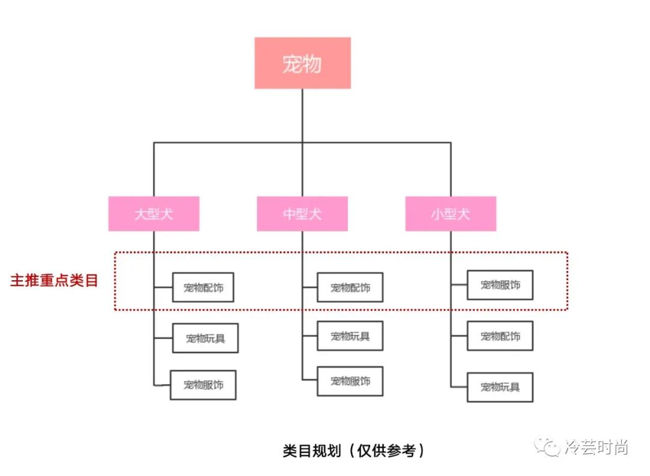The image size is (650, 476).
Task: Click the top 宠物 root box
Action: click(302, 63)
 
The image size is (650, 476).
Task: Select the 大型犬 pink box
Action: click(153, 214)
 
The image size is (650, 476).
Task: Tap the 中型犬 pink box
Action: click(302, 214)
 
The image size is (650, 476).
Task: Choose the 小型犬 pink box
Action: click(450, 214)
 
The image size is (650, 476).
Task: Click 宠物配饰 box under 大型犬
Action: click(203, 287)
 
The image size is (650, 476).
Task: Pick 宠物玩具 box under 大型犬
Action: click(205, 338)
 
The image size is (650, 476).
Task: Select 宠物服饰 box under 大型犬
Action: click(203, 385)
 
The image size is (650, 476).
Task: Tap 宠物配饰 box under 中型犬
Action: click(350, 287)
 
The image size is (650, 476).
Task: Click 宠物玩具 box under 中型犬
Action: click(350, 336)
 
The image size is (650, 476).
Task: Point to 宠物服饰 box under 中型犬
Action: click(350, 381)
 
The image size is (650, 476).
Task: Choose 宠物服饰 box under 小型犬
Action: click(500, 285)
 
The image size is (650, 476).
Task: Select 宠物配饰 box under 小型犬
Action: click(500, 336)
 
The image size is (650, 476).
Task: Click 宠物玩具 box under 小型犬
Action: click(500, 387)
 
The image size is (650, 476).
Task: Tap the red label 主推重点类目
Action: click(54, 281)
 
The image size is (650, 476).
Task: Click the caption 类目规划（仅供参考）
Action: click(354, 451)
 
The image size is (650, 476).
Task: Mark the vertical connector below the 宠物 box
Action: click(302, 114)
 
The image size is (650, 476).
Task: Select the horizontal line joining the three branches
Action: click(229, 143)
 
